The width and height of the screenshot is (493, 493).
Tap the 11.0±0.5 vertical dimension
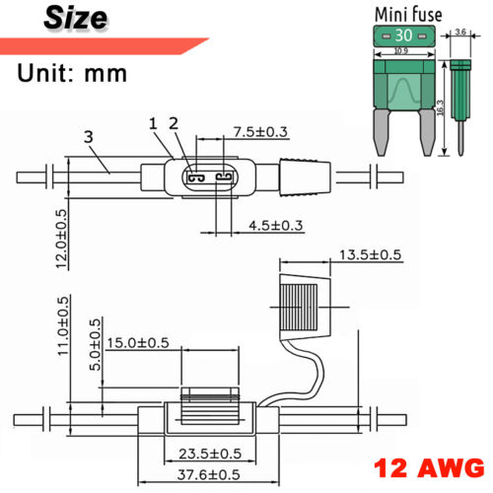pyautogui.click(x=64, y=326)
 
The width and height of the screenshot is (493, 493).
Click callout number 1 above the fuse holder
pyautogui.click(x=153, y=123)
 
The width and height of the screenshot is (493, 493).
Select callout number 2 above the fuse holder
pyautogui.click(x=174, y=123)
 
